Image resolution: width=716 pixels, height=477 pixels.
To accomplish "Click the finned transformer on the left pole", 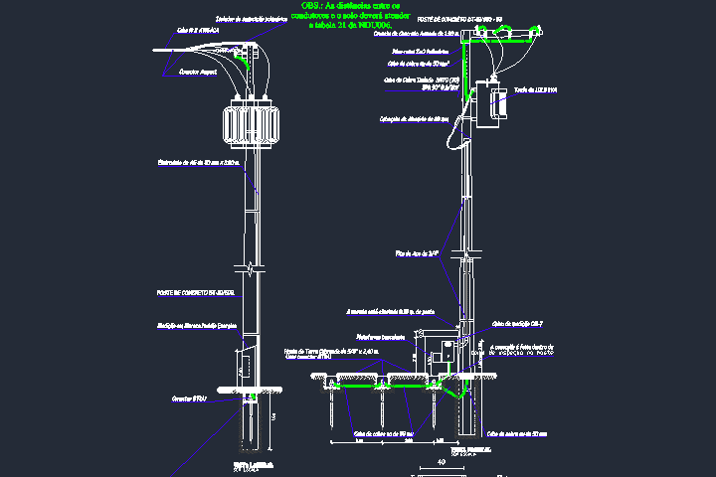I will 252,123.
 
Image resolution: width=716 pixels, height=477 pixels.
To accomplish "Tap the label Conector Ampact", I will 198,73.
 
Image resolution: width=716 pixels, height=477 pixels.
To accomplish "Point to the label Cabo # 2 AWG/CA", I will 197,31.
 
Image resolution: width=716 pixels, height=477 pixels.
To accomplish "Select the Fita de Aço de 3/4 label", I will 418,254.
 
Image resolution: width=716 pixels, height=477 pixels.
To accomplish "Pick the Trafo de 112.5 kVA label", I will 536,89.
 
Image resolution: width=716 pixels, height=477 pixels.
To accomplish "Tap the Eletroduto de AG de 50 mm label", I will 199,162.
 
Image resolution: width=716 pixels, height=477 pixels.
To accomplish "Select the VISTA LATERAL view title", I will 250,464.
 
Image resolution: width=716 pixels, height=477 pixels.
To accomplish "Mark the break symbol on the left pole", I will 253,268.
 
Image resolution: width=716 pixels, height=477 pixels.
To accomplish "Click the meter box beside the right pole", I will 439,353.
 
